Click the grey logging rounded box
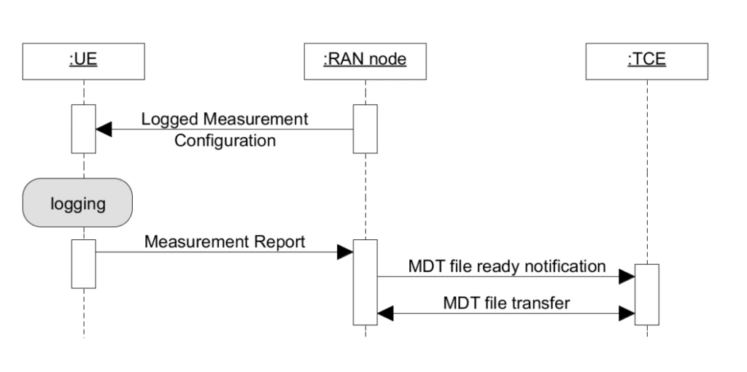tap(78, 203)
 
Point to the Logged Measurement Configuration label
tap(225, 129)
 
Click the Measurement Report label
tap(225, 241)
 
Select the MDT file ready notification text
tap(506, 266)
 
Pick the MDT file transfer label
tap(506, 303)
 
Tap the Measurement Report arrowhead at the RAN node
tap(345, 252)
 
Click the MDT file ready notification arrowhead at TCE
tap(627, 276)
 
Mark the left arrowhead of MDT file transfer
tap(385, 314)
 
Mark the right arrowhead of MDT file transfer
tap(627, 314)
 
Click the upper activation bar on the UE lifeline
tap(83, 129)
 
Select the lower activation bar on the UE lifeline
tap(83, 263)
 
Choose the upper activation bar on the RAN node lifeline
tap(365, 129)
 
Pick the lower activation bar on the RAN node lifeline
tap(365, 282)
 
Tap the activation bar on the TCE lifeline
tap(646, 294)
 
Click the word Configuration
tap(225, 140)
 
